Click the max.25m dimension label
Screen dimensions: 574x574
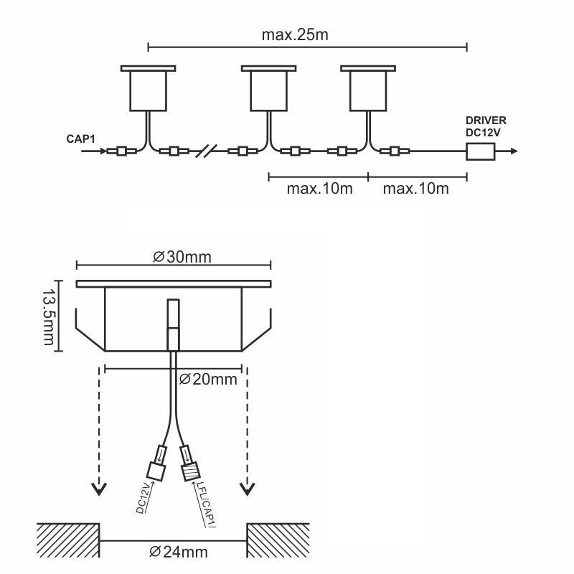pos(295,34)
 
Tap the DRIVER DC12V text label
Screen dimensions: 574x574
pos(486,126)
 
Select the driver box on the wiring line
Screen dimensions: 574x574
pos(480,151)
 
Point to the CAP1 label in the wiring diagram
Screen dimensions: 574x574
pos(80,139)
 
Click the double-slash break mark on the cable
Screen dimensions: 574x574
pos(206,151)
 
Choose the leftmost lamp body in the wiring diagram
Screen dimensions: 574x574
pos(149,88)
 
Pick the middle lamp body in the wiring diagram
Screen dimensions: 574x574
pos(268,88)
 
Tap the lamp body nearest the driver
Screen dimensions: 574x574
pos(368,88)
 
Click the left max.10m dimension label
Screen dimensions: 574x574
pos(319,189)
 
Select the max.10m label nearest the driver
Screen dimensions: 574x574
pos(416,189)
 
